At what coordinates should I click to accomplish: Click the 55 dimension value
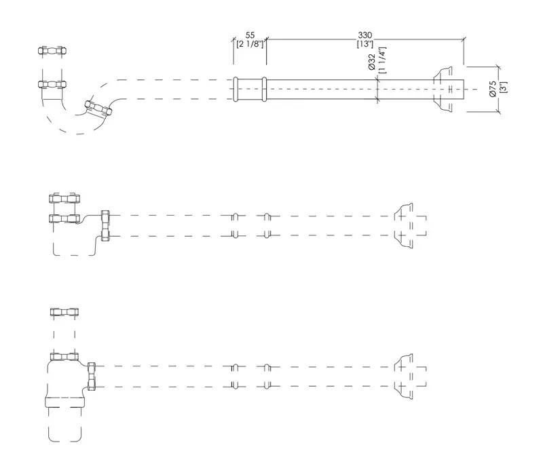click(250, 35)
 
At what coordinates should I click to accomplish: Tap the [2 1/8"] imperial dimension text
click(250, 44)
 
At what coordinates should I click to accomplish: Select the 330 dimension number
click(365, 35)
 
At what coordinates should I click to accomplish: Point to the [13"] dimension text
click(365, 44)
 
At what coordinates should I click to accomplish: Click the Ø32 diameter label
click(372, 62)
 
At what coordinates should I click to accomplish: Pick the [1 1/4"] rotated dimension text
click(381, 60)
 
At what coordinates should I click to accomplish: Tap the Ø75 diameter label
click(493, 89)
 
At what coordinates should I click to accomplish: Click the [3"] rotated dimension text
click(503, 88)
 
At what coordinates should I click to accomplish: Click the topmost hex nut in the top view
click(52, 51)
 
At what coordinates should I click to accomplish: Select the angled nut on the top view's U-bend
click(98, 108)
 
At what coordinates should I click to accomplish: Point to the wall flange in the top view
click(443, 90)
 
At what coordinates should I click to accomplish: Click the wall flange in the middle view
click(404, 226)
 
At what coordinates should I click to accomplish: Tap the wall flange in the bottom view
click(404, 376)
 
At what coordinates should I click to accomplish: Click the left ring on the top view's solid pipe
click(236, 90)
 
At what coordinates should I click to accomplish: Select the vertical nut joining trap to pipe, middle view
click(105, 226)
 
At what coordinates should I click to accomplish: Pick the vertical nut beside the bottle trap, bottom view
click(92, 376)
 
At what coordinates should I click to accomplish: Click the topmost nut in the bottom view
click(64, 312)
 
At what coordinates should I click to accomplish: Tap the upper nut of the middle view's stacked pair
click(64, 199)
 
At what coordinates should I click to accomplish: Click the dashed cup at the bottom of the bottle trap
click(64, 425)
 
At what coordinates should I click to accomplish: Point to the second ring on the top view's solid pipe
click(264, 90)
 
